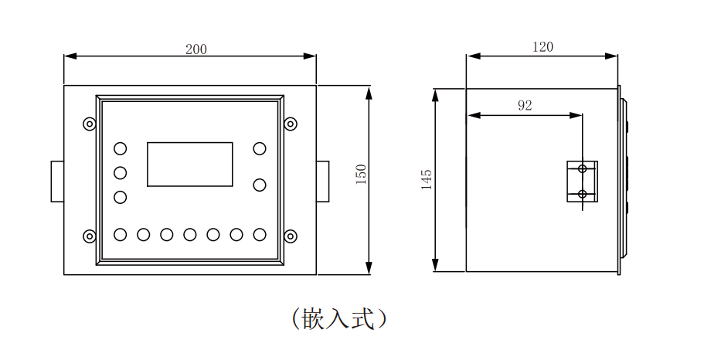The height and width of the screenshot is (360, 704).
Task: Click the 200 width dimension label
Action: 196,49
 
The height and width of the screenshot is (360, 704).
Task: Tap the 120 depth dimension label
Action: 543,47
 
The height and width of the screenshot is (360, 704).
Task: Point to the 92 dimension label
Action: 525,106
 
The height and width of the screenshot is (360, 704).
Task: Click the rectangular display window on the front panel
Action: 190,164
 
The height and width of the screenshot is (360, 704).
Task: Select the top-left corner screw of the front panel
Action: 90,124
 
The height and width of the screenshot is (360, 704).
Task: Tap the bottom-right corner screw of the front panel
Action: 291,236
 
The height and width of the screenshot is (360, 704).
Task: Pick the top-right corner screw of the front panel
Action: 291,124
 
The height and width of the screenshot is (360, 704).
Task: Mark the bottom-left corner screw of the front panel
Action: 90,236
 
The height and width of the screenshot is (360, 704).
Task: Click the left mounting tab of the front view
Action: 57,181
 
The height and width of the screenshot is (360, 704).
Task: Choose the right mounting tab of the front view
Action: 322,181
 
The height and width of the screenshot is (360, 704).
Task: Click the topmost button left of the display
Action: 121,148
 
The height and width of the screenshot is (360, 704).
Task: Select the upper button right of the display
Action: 260,148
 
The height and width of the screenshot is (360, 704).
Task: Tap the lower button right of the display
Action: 260,185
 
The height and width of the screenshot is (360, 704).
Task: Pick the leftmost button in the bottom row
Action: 121,234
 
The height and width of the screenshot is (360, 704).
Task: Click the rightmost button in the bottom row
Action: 260,234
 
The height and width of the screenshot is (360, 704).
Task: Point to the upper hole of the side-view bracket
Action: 583,168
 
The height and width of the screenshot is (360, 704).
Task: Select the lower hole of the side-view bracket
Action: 583,193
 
